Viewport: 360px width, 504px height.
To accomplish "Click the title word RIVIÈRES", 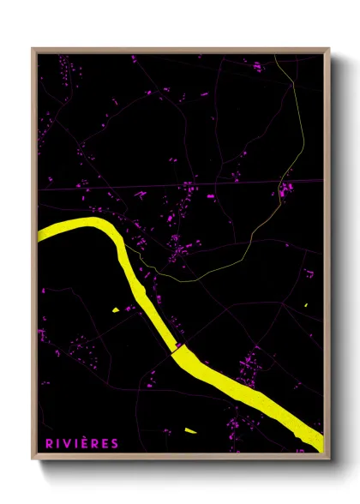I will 81,443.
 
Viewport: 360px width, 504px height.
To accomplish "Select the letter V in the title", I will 67,443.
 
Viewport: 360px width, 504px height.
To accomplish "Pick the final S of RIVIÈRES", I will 115,443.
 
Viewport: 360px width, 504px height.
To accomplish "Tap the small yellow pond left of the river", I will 114,309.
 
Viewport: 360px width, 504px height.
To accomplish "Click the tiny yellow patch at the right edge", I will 305,305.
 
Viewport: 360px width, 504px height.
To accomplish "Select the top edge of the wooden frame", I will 180,50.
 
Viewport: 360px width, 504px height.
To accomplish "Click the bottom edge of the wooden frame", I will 180,457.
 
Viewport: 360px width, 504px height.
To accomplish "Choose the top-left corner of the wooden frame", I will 33,50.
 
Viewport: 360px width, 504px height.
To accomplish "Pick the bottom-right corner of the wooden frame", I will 327,457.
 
